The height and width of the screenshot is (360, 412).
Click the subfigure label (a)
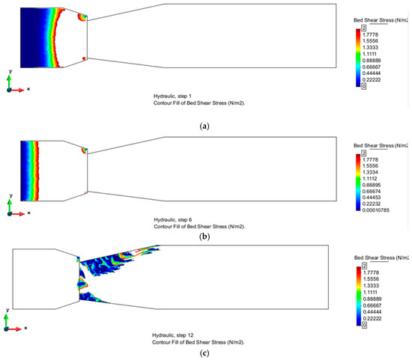point(205,126)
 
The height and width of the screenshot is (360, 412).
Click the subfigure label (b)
point(205,237)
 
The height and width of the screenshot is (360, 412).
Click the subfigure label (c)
point(205,353)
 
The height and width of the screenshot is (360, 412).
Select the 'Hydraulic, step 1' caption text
point(172,97)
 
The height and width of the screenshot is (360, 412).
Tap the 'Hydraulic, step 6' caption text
point(173,220)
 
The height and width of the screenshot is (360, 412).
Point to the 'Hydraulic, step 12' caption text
point(172,335)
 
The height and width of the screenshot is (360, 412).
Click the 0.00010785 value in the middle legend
point(376,210)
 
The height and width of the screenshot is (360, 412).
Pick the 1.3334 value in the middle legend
point(370,172)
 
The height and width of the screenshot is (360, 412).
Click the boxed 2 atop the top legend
point(364,28)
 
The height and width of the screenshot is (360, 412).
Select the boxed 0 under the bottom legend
point(364,325)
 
